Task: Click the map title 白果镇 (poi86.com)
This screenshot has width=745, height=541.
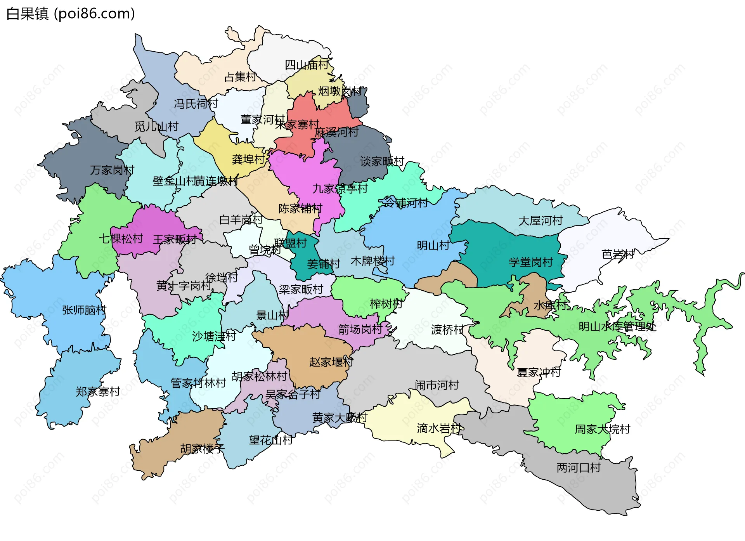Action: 71,14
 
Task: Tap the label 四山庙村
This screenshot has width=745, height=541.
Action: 307,65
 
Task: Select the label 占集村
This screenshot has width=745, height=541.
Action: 240,77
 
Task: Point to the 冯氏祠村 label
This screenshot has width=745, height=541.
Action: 196,104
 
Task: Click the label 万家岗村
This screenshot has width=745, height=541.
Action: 112,170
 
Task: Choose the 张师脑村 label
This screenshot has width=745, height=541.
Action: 84,310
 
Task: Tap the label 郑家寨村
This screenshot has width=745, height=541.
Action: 98,392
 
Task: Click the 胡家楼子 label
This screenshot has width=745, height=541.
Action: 203,449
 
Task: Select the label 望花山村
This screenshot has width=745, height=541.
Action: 271,440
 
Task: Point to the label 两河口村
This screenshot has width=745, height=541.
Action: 579,468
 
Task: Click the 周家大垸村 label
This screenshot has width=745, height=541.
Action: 602,429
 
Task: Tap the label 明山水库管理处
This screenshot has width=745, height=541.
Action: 617,326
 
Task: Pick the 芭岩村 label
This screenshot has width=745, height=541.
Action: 618,255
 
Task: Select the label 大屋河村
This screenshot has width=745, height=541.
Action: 541,221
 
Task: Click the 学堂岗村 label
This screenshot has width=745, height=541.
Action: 530,262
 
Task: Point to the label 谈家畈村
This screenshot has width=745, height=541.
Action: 382,161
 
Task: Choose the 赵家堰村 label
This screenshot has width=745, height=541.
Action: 331,362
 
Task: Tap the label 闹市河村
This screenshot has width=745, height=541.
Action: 437,385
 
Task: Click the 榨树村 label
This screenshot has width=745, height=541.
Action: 386,304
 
